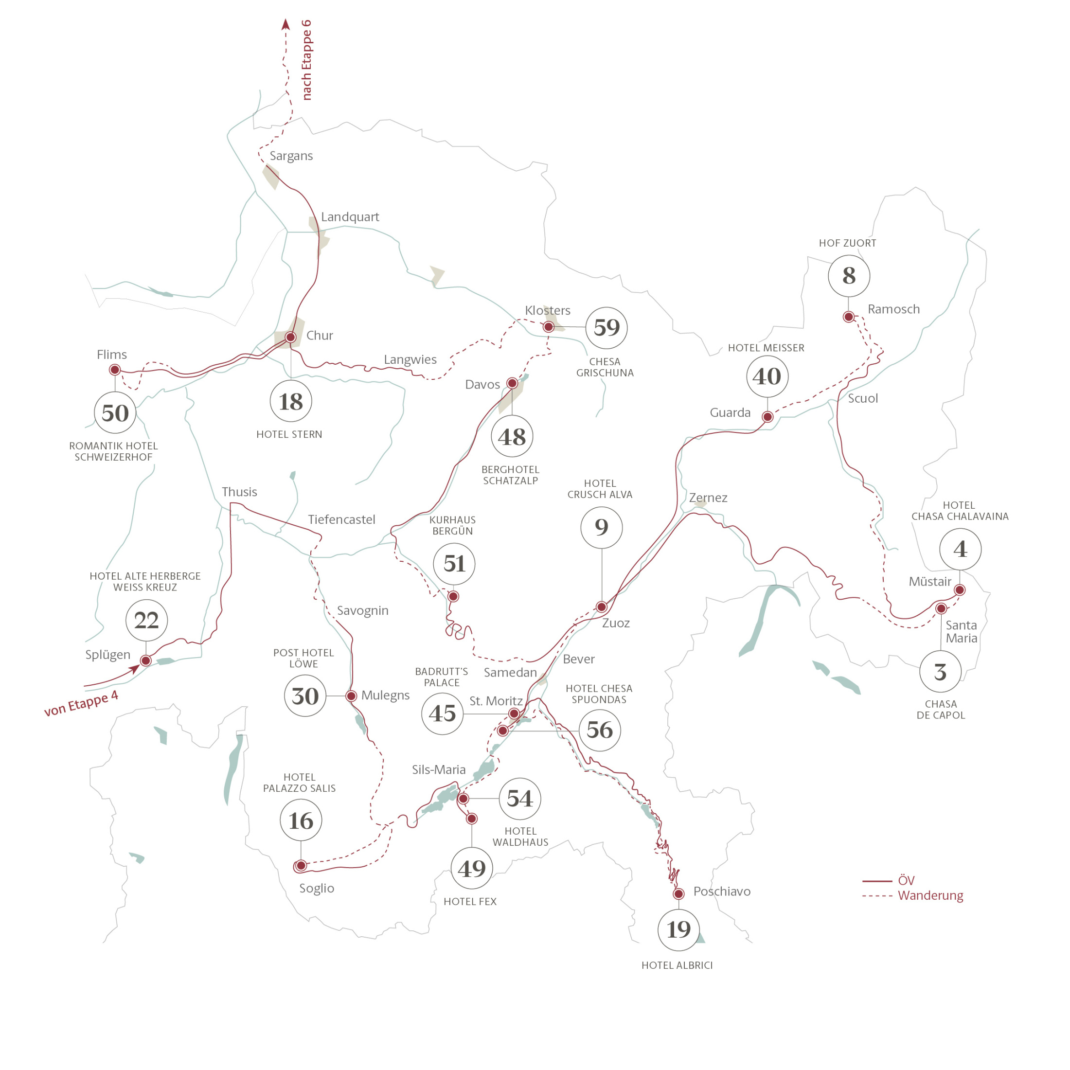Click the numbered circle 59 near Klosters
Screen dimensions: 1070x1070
[x=606, y=328]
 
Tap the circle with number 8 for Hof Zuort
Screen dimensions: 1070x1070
[x=849, y=276]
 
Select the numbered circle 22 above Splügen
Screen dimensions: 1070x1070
[x=147, y=620]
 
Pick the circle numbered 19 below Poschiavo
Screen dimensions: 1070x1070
[x=678, y=929]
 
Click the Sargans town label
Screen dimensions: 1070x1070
[x=291, y=156]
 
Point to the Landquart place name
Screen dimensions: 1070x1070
[x=350, y=216]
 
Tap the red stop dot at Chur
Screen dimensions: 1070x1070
[x=290, y=337]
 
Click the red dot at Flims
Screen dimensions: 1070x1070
[x=115, y=370]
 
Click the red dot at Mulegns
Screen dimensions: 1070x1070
[x=351, y=695]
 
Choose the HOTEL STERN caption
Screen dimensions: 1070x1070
[x=289, y=434]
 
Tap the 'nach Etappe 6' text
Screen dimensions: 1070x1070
[x=306, y=60]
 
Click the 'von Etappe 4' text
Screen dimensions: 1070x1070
[x=81, y=703]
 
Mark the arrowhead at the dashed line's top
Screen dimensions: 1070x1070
[x=286, y=24]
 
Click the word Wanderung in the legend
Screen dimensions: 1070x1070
[x=930, y=895]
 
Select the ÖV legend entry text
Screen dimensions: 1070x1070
[x=906, y=880]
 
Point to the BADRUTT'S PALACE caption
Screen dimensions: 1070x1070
[x=442, y=677]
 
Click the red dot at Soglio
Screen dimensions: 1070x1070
[x=301, y=865]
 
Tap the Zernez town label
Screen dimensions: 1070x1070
[x=708, y=498]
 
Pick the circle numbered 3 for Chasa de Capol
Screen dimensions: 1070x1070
[x=941, y=672]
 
